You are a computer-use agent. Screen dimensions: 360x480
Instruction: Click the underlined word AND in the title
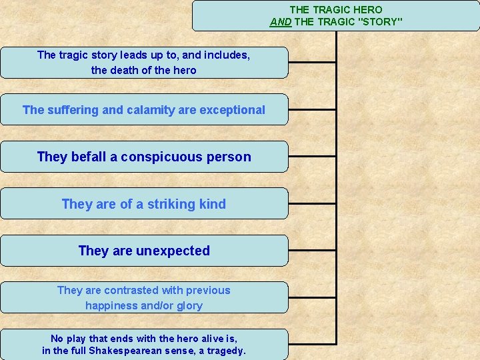280,22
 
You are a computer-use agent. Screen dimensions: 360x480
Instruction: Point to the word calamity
149,110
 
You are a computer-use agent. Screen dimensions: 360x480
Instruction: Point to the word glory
189,306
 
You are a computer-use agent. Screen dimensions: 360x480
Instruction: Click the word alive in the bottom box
205,339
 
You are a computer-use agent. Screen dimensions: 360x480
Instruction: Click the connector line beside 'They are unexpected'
312,251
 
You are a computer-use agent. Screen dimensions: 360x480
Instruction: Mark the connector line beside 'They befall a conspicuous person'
312,157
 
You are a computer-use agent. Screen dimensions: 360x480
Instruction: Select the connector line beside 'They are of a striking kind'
312,203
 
